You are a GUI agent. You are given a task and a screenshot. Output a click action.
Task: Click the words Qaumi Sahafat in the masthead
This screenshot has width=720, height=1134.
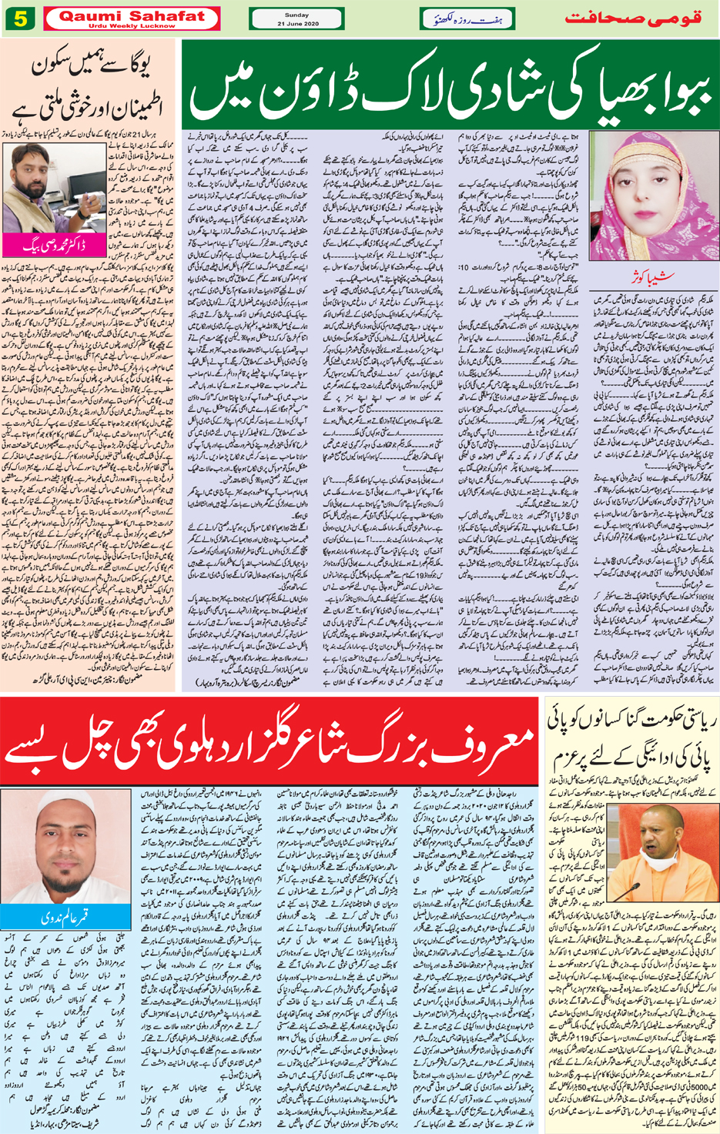pos(132,15)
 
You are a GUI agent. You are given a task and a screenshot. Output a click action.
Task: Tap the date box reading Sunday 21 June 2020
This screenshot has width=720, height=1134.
pos(296,19)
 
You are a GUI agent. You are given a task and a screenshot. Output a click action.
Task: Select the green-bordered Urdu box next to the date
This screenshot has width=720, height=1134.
pos(467,19)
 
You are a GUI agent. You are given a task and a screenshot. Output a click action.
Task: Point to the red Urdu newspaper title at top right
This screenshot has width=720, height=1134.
pos(633,18)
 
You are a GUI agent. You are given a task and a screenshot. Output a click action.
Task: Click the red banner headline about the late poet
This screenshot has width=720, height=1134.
pos(270,744)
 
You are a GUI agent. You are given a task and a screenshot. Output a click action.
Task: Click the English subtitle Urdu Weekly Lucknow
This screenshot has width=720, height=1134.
pos(132,25)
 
